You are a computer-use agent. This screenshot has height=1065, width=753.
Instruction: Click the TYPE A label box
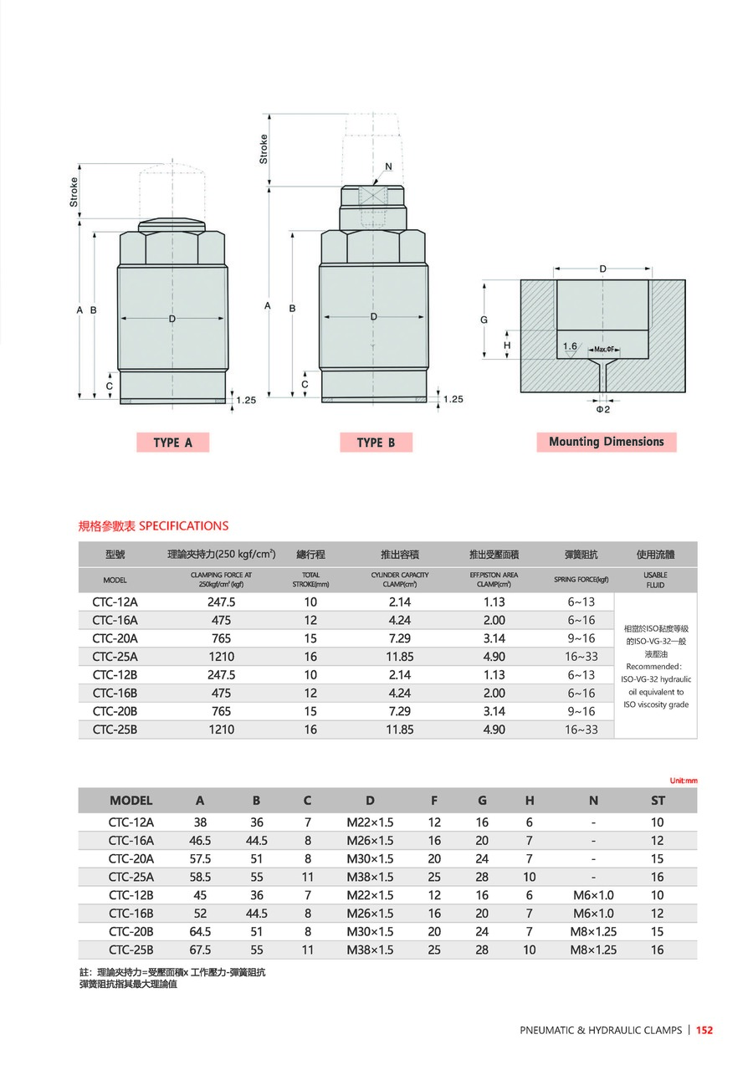[172, 443]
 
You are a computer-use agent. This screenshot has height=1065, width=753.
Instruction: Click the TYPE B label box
[376, 443]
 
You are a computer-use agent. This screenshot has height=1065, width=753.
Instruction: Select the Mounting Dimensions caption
[606, 442]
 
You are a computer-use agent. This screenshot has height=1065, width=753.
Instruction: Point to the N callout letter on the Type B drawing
[388, 166]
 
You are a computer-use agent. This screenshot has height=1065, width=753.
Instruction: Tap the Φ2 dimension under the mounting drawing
[603, 409]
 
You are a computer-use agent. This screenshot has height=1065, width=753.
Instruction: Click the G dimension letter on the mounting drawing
[484, 320]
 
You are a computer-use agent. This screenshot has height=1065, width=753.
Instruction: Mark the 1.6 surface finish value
[570, 346]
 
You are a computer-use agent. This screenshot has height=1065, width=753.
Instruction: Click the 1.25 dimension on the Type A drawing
[245, 401]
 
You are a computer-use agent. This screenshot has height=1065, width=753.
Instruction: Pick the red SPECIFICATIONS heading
[153, 525]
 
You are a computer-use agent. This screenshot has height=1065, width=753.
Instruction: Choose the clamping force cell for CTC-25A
[221, 657]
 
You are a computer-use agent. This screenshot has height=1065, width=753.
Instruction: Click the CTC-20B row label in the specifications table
[115, 711]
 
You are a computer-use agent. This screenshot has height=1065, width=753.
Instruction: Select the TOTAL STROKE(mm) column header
[310, 579]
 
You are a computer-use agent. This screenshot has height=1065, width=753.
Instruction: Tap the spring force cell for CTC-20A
[581, 638]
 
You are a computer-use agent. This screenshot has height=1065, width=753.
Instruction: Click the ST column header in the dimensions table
[658, 801]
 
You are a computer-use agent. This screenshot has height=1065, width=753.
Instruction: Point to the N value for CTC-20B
[593, 931]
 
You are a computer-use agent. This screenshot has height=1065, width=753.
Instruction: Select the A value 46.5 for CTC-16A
[200, 840]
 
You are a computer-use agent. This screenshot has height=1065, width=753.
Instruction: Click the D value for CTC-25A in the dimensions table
[370, 877]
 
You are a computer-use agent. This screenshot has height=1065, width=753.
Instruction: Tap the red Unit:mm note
[684, 781]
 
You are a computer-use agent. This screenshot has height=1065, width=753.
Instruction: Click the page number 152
[704, 1031]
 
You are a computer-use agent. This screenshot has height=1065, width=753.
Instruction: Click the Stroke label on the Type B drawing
[264, 149]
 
